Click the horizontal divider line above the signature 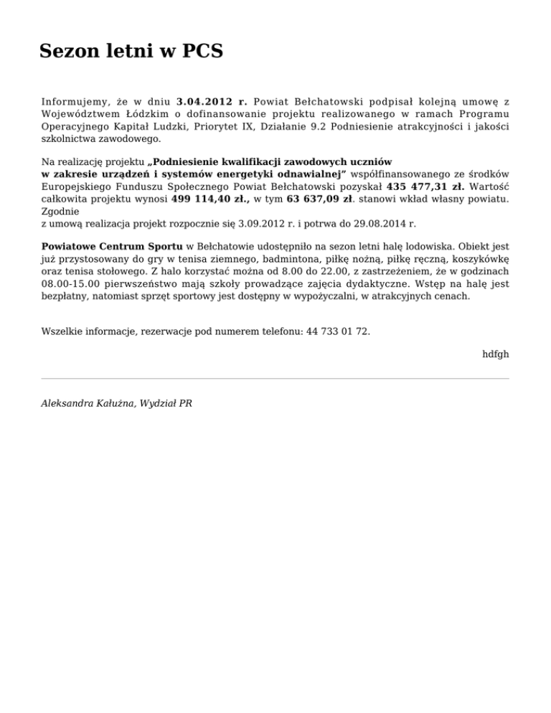pos(275,378)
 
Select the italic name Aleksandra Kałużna pos(85,404)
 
